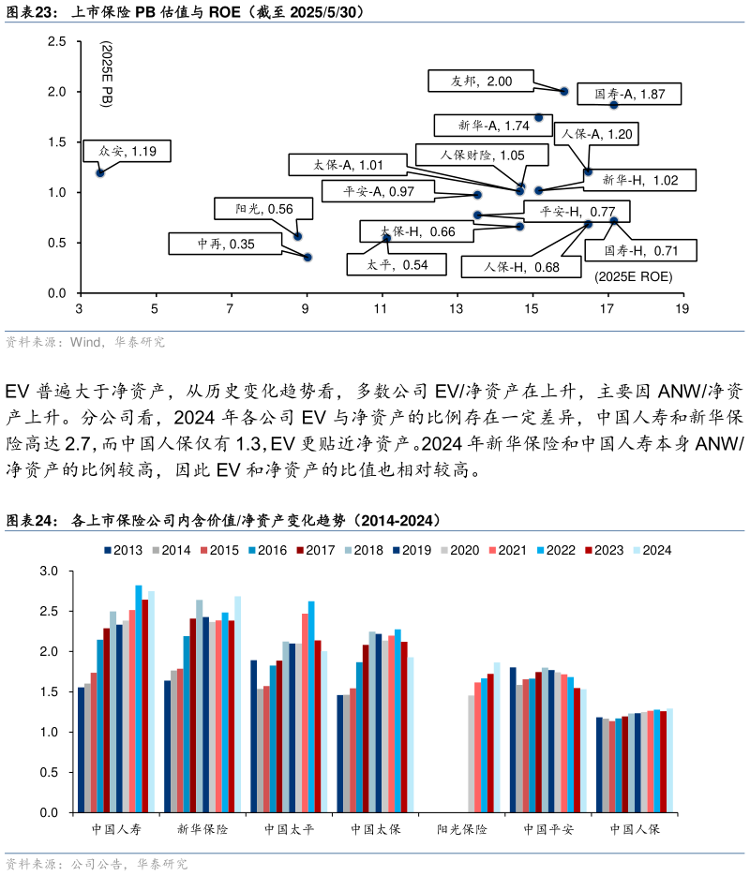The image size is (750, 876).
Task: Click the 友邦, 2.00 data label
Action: (480, 82)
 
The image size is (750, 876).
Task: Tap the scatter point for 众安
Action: (100, 172)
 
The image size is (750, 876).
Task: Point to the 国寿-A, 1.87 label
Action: (629, 94)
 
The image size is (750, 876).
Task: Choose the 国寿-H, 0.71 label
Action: (641, 250)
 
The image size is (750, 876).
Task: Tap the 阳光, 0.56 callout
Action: (267, 209)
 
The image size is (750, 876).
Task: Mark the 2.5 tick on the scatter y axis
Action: (56, 42)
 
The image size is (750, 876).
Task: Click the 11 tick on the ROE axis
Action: (382, 309)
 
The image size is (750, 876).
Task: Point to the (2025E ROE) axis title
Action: (634, 276)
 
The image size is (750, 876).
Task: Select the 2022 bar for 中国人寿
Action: (138, 699)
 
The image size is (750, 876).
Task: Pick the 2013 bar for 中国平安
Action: (513, 740)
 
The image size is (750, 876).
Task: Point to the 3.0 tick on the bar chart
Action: (50, 571)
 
